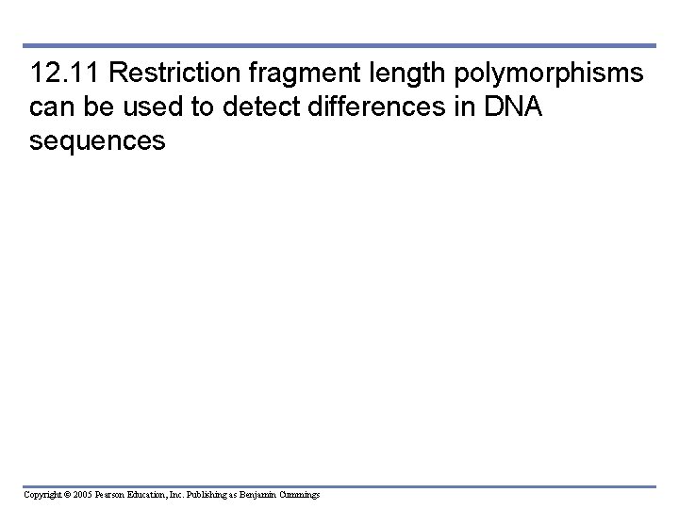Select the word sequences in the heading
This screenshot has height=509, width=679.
pyautogui.click(x=97, y=142)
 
